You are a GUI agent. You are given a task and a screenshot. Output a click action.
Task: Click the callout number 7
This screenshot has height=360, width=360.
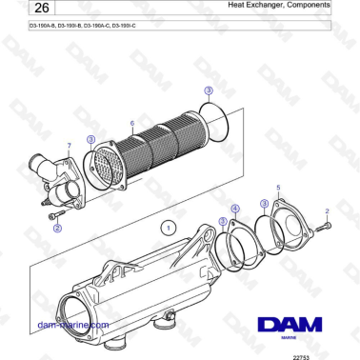click(69, 145)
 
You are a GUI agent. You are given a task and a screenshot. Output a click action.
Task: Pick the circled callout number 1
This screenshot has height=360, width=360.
click(165, 229)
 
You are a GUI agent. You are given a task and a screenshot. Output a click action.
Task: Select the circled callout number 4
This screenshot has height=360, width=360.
click(235, 208)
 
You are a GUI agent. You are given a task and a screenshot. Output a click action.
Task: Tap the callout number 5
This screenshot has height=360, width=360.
click(277, 189)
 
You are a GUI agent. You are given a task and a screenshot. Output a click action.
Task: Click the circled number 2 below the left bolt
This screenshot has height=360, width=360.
click(57, 229)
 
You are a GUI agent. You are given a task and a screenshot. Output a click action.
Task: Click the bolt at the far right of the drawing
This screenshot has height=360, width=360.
click(324, 226)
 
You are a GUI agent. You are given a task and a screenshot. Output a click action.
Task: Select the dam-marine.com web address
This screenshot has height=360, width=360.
click(71, 325)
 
